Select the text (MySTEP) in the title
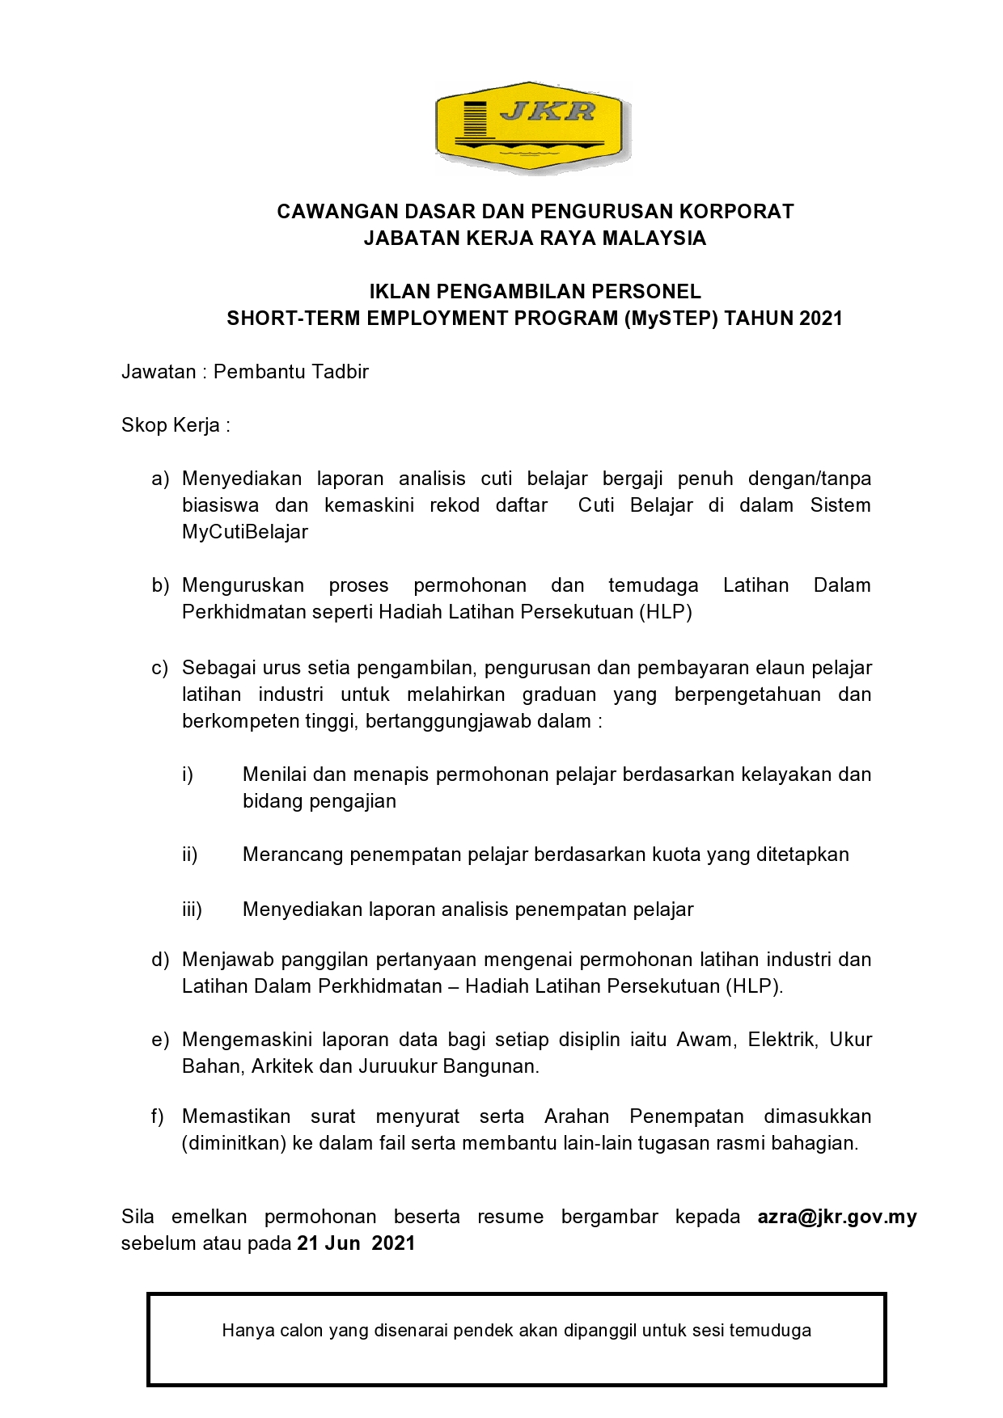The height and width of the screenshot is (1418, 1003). point(671,319)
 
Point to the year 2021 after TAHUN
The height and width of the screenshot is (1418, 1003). point(821,319)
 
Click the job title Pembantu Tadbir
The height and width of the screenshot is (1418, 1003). point(291,372)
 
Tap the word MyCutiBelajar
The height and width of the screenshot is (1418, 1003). point(245,532)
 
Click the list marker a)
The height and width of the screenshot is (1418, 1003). point(160,479)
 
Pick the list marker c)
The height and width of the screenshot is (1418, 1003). point(160,668)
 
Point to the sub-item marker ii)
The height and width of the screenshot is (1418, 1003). point(189,855)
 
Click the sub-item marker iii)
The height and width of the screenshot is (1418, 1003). point(192,909)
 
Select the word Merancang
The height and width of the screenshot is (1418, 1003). point(293,855)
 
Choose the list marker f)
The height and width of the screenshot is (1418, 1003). point(158,1116)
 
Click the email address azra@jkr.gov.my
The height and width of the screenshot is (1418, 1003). point(837,1217)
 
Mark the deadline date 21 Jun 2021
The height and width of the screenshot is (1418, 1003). point(356,1243)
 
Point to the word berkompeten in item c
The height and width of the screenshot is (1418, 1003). point(231,721)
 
